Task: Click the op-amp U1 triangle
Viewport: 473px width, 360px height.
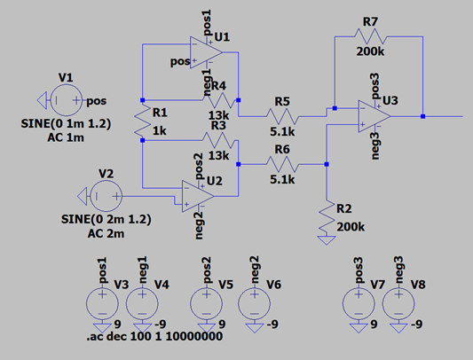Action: pos(205,51)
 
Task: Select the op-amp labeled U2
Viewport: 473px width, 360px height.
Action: pos(197,194)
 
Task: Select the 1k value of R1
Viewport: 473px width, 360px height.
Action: pos(161,130)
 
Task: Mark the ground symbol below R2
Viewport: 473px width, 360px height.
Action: pos(327,237)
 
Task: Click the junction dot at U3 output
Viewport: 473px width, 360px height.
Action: pos(422,115)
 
